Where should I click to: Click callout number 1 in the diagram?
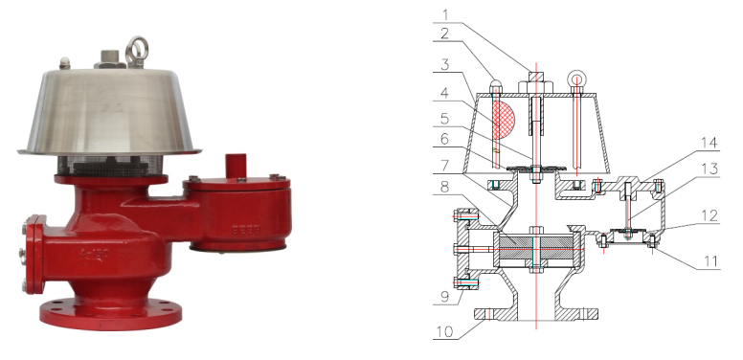click(x=445, y=15)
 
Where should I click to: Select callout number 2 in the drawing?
click(x=444, y=34)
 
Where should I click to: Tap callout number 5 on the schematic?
click(x=444, y=118)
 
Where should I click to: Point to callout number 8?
click(x=444, y=187)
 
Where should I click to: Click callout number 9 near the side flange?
click(x=444, y=297)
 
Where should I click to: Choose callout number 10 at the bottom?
click(x=444, y=331)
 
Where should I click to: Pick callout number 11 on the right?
click(x=710, y=261)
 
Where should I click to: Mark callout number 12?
click(x=709, y=215)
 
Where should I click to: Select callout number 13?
click(x=709, y=169)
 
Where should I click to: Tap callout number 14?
click(x=709, y=143)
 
